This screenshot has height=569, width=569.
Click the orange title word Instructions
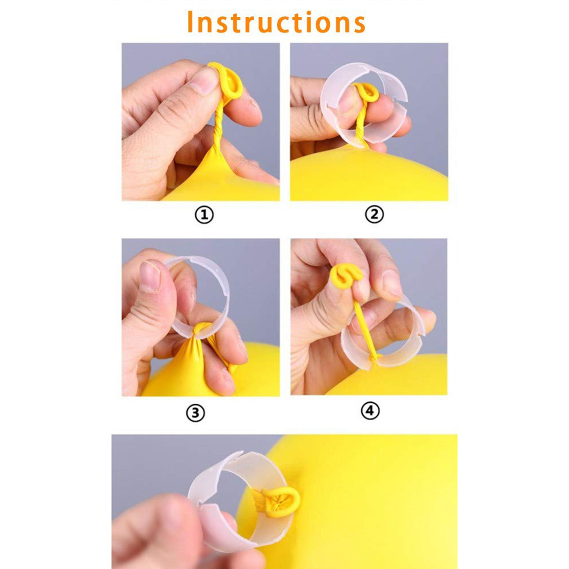[x=276, y=22]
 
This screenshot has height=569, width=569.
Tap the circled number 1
[x=204, y=215]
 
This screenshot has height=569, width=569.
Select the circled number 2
[x=374, y=214]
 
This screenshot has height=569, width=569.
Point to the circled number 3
[x=195, y=413]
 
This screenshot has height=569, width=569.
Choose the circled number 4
[x=370, y=411]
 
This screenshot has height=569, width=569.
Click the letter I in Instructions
[x=190, y=22]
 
